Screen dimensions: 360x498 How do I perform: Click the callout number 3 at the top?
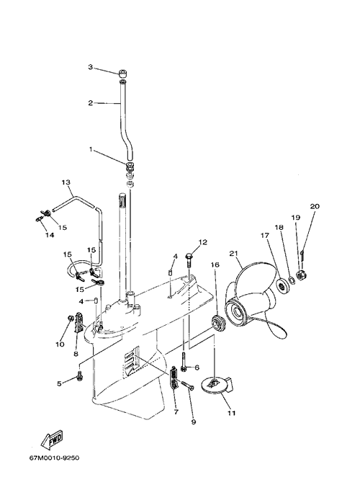pyautogui.click(x=91, y=67)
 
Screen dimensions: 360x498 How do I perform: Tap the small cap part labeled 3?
pyautogui.click(x=123, y=74)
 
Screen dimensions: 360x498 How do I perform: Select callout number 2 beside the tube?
pyautogui.click(x=91, y=103)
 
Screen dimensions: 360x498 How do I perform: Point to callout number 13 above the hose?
pyautogui.click(x=66, y=182)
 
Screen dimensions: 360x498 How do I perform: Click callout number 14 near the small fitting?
pyautogui.click(x=50, y=235)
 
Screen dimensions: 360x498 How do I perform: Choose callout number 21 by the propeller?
pyautogui.click(x=233, y=254)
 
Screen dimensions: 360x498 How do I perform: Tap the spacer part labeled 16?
pyautogui.click(x=217, y=324)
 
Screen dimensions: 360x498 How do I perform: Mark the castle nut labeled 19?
pyautogui.click(x=300, y=274)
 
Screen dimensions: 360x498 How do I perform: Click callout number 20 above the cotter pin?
pyautogui.click(x=315, y=206)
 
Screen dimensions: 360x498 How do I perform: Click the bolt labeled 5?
pyautogui.click(x=79, y=375)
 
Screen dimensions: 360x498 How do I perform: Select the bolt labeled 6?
pyautogui.click(x=184, y=362)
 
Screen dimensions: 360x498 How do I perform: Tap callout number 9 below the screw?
pyautogui.click(x=194, y=422)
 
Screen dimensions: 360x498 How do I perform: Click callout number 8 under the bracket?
pyautogui.click(x=76, y=353)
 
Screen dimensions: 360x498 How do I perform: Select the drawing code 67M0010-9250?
pyautogui.click(x=54, y=458)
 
